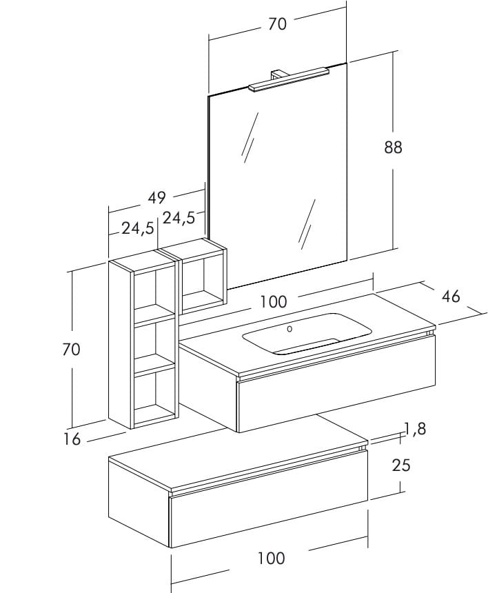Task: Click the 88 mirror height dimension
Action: tap(392, 147)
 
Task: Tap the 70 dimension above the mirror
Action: tap(277, 23)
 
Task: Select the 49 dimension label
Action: tap(157, 197)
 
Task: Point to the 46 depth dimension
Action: tap(451, 296)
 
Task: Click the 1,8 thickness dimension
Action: tap(415, 429)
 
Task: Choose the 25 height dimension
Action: tap(401, 465)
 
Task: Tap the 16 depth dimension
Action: tap(72, 439)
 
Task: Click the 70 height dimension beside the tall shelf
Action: tap(71, 350)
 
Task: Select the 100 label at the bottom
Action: tap(271, 558)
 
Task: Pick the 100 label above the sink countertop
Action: tap(274, 301)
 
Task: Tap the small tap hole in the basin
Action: tap(289, 329)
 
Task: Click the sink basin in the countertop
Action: tap(307, 333)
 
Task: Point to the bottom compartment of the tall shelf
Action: tap(154, 394)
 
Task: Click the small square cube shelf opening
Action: tap(202, 278)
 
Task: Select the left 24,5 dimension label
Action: tap(138, 228)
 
